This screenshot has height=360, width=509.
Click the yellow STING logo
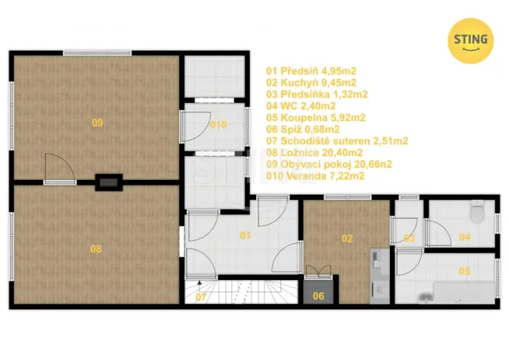[471, 39]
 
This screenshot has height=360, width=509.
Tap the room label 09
[97, 123]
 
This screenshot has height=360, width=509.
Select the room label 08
[96, 248]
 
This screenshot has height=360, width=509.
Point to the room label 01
[245, 235]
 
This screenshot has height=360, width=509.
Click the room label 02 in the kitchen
[348, 238]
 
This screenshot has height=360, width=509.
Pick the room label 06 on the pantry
[318, 295]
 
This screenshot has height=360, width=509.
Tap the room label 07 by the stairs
[200, 296]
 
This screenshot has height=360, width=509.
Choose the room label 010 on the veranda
[218, 125]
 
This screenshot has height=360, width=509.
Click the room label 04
[464, 237]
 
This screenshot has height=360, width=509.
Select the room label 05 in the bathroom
[464, 271]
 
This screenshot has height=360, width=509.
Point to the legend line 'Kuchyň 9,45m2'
[311, 82]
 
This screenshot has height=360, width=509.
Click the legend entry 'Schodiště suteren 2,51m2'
[337, 141]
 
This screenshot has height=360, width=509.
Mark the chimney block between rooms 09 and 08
[108, 182]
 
